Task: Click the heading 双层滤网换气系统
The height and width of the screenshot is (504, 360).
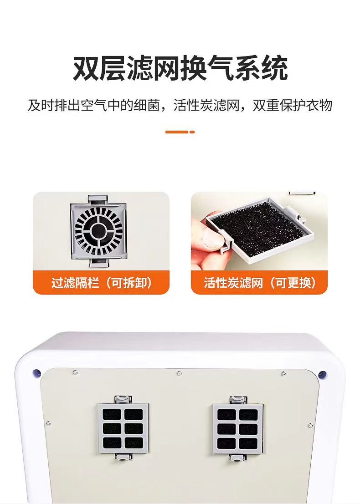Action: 180,68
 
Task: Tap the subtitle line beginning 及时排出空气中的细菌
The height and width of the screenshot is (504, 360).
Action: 180,106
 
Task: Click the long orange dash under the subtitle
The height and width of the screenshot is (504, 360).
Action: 177,132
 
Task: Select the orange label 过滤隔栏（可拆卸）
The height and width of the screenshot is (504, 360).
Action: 101,283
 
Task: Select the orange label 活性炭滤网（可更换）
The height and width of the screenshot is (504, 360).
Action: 259,283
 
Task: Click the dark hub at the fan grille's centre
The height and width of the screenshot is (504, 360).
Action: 98,230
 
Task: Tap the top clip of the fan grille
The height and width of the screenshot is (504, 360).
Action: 98,199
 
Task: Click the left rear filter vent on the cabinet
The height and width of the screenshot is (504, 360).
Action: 123,428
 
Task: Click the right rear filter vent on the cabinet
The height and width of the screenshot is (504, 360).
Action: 238,429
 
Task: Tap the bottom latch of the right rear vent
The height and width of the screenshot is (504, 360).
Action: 238,458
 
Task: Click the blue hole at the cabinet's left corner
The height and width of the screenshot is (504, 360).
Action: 36,373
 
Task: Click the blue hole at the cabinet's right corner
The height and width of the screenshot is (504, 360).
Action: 322,375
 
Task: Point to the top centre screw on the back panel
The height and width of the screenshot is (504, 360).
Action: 180,373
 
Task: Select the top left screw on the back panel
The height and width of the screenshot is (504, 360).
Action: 75,372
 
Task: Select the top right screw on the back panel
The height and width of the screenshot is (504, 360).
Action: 284,373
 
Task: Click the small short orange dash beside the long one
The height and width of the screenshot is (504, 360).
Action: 192,132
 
